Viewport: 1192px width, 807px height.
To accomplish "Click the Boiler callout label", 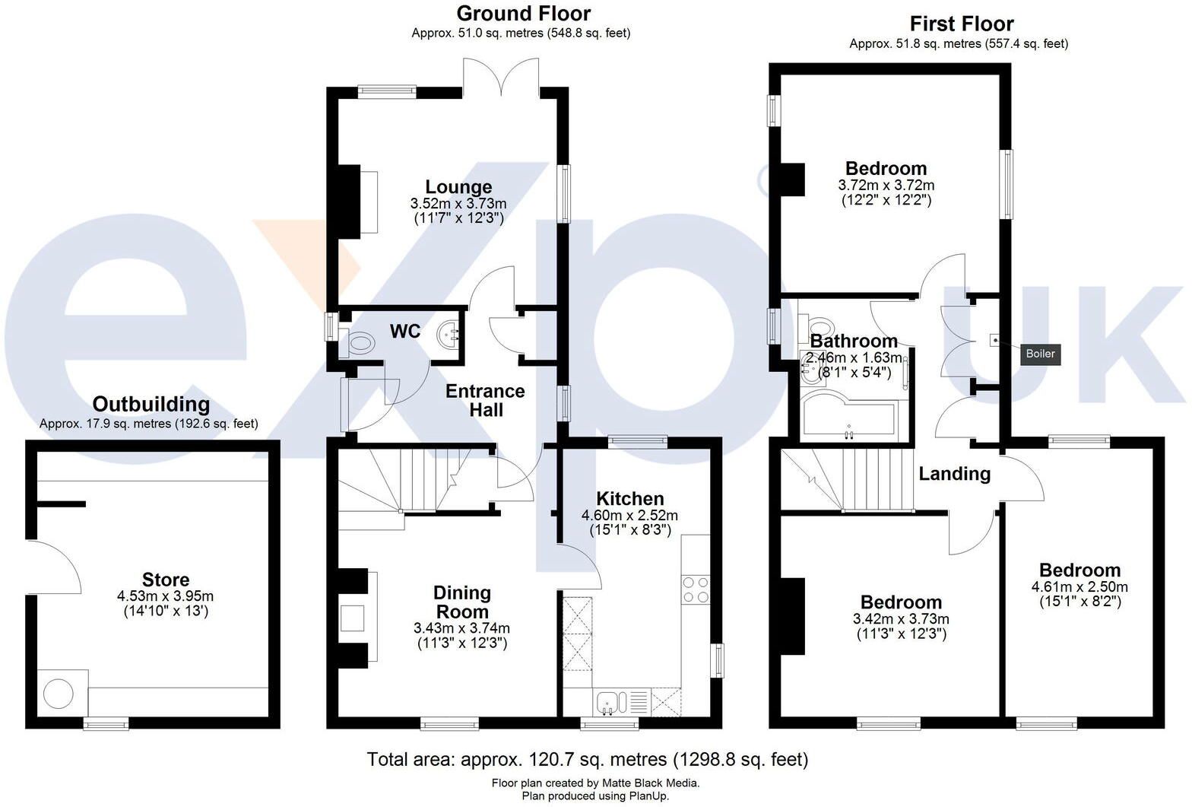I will tap(1040, 354).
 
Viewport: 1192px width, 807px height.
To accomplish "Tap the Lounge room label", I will tap(458, 187).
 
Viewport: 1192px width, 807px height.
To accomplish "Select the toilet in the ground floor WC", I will tap(356, 345).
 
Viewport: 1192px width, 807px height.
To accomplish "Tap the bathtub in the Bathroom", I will tap(849, 417).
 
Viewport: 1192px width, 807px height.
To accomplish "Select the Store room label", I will tap(166, 580).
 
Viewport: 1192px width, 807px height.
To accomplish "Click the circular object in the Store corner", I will tap(59, 694).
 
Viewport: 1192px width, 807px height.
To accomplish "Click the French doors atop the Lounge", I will tap(501, 80).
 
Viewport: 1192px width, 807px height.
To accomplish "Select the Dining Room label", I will tap(462, 602).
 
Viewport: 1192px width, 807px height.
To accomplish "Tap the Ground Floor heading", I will tap(523, 14).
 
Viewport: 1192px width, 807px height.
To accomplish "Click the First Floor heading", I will tap(961, 24).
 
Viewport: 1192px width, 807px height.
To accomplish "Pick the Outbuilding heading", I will tap(151, 404).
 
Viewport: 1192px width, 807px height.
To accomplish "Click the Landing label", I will tap(955, 474).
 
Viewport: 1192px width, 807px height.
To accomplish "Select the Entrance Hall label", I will tap(485, 400).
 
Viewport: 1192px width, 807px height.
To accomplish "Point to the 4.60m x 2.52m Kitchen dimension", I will tap(629, 515).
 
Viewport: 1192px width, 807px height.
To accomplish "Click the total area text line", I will tap(587, 759).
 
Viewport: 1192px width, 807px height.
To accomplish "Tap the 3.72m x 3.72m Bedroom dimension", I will tap(886, 185).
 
